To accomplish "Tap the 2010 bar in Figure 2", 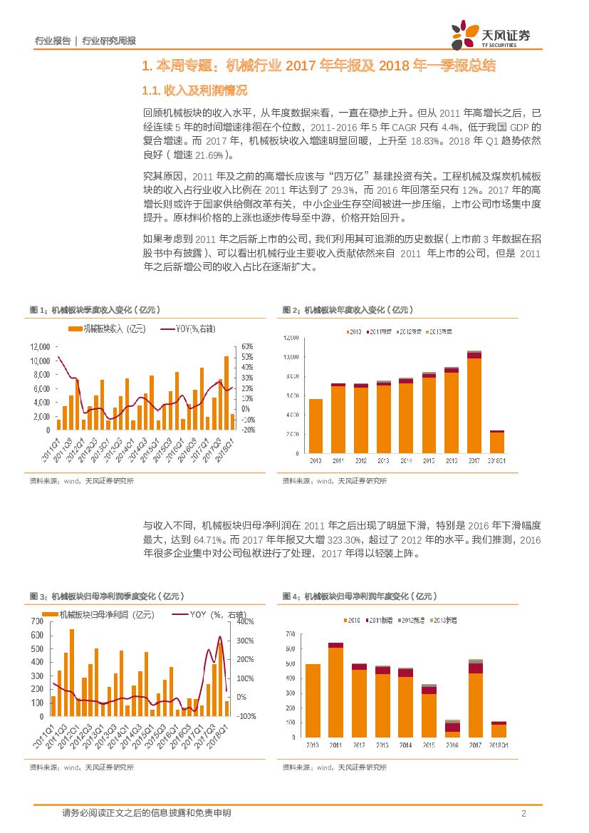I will (316, 426).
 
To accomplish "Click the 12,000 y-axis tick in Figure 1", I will (39, 346).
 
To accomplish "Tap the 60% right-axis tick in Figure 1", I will (248, 346).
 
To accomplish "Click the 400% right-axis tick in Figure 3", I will (245, 622).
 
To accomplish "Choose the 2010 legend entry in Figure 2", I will (355, 332).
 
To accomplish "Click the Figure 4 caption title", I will (359, 596).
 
